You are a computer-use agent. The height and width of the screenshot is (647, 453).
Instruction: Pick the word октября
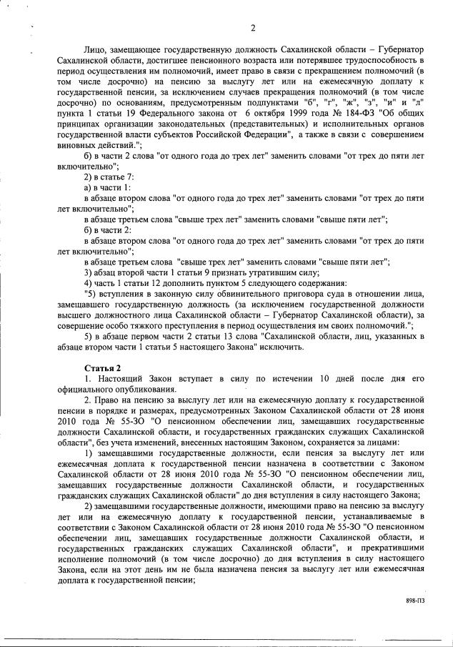click(x=257, y=113)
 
